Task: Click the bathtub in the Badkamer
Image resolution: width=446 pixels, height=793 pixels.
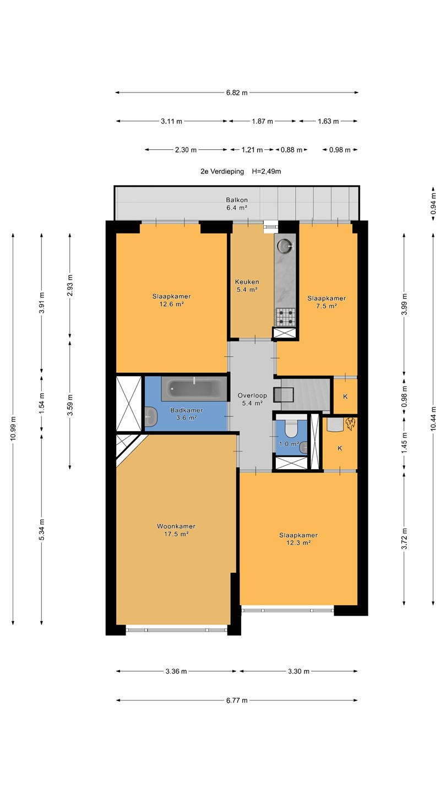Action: point(194,389)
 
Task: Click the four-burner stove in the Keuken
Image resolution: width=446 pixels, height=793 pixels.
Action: point(285,317)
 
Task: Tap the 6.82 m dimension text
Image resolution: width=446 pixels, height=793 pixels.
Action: point(237,93)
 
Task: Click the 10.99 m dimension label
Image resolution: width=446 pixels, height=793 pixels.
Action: point(13,428)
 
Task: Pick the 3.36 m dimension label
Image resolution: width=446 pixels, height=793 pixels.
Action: point(176,671)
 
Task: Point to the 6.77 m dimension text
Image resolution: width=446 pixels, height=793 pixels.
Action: point(237,700)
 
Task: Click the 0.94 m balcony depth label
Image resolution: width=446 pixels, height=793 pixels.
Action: point(433,203)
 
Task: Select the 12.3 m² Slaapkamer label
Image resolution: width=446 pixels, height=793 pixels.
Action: point(298,539)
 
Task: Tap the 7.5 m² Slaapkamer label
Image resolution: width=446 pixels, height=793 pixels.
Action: point(327,302)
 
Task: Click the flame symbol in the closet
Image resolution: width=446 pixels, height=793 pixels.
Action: point(350,424)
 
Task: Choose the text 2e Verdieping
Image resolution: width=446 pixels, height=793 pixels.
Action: point(222,171)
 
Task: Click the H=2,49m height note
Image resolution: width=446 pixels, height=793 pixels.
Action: point(266,171)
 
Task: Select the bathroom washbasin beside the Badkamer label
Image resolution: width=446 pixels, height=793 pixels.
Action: point(151,417)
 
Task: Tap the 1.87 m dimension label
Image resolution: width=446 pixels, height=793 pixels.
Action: point(262,121)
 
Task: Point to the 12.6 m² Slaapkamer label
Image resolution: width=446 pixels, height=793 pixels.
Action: point(171,300)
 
